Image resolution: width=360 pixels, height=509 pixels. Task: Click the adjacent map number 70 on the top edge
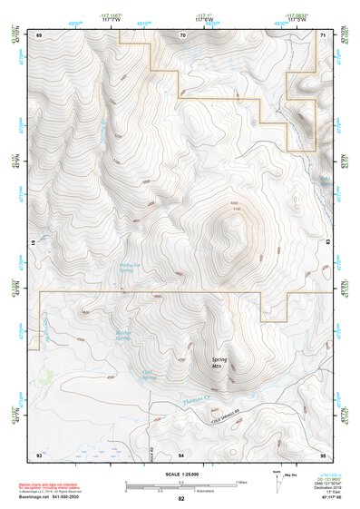tap(182, 34)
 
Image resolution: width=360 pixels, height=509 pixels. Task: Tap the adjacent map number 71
tap(324, 34)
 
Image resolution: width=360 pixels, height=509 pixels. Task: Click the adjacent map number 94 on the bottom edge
tap(181, 453)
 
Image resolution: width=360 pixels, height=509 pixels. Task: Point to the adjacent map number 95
tap(324, 453)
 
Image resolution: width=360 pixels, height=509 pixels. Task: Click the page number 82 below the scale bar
tap(181, 499)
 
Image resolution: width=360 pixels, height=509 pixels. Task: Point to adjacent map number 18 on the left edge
tap(34, 243)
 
